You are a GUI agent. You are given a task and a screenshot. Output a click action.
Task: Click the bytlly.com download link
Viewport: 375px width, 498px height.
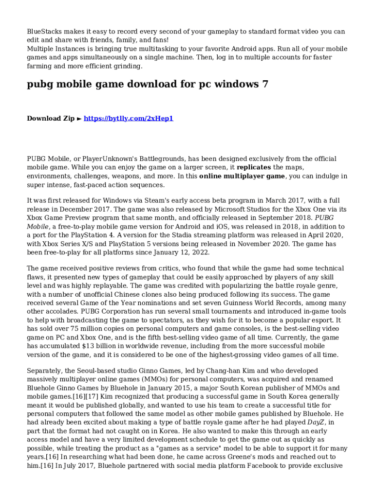pos(129,118)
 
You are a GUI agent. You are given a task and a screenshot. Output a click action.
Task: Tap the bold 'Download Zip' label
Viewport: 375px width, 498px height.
pos(51,118)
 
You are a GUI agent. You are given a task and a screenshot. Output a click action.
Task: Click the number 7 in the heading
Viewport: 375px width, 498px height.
pos(264,84)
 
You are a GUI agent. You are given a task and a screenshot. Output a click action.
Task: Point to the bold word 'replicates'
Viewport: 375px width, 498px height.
pos(254,167)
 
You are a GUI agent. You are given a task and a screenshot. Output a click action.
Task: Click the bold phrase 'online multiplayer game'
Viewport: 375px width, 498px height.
pos(242,176)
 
